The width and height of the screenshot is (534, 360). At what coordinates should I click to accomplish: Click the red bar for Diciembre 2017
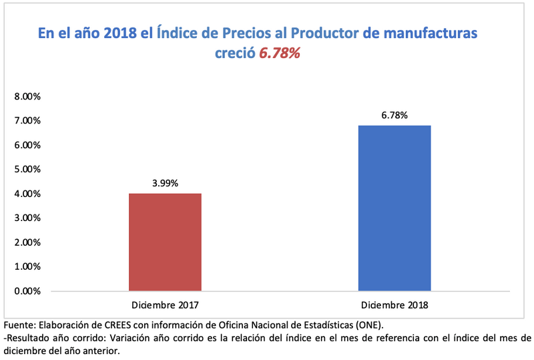click(165, 242)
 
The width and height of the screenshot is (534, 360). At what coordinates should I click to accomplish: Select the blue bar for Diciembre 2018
click(394, 208)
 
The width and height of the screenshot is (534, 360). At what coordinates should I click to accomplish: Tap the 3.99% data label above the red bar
click(165, 182)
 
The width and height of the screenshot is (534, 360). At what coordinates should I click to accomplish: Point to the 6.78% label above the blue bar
click(394, 115)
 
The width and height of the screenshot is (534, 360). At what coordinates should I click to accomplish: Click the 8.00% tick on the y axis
click(27, 96)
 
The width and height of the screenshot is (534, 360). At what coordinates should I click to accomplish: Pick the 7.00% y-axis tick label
click(27, 121)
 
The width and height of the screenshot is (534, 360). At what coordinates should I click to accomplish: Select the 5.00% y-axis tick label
click(27, 169)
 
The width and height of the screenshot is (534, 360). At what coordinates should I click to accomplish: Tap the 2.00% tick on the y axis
click(27, 242)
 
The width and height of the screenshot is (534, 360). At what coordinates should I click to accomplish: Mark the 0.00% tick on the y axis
click(27, 291)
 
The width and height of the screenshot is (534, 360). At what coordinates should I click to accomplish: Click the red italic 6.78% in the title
click(280, 54)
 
